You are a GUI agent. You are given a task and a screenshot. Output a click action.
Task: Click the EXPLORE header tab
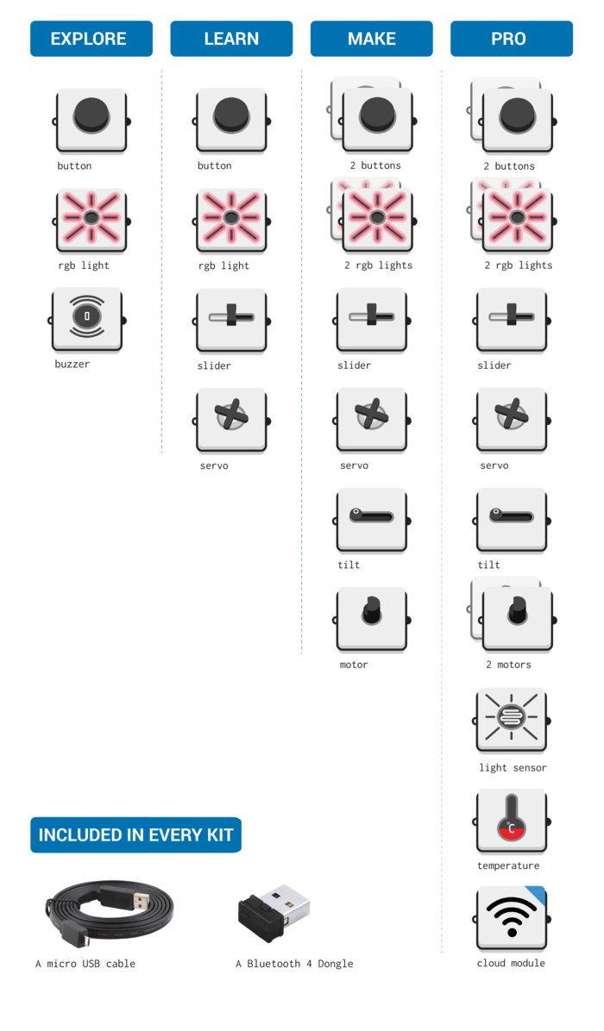tap(91, 39)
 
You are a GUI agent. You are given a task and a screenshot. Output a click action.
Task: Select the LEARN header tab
tap(231, 39)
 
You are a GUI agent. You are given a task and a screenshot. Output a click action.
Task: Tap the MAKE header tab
tap(371, 39)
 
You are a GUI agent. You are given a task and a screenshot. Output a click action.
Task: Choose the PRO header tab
tap(511, 39)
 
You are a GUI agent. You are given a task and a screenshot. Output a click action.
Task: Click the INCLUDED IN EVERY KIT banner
tap(136, 834)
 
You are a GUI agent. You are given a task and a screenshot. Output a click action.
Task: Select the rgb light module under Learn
tap(230, 220)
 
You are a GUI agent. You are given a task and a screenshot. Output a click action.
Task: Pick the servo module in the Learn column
tap(230, 419)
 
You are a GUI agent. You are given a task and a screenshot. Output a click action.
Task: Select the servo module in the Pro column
tap(511, 419)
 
